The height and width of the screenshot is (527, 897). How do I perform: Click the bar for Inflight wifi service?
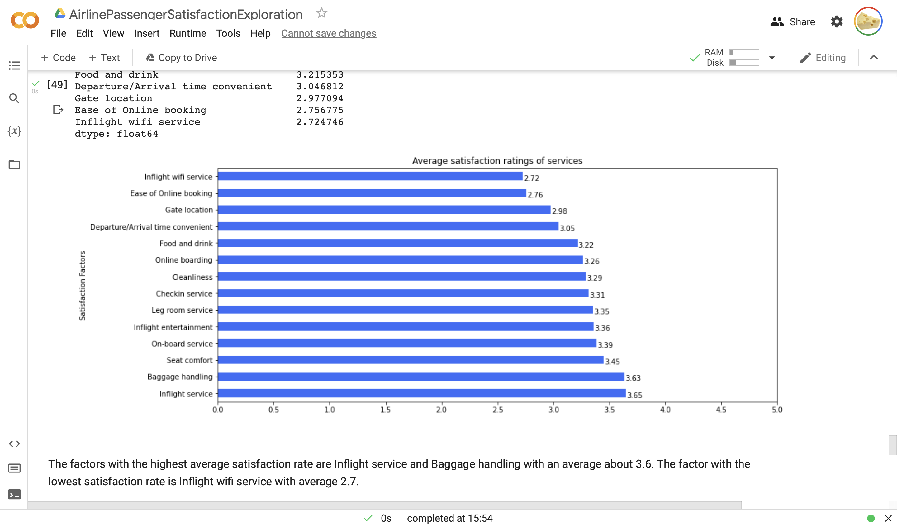coord(370,176)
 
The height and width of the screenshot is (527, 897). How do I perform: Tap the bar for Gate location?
coord(384,210)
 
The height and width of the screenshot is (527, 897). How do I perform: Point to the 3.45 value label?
coord(612,361)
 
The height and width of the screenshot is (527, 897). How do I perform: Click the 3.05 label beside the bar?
coord(567,228)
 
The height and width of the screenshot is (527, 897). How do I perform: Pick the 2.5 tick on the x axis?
coord(498,410)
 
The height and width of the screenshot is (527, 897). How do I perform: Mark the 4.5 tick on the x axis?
coord(721,410)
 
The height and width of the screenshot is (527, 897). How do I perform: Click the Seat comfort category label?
coord(189,360)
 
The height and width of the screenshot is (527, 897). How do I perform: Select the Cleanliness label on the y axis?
coord(192,277)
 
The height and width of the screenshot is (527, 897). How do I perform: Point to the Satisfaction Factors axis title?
coord(82,286)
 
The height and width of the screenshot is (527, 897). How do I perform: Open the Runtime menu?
coord(187,33)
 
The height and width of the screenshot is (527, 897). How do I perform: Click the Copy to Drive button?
coord(181,58)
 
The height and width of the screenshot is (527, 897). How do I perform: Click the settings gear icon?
coord(837,22)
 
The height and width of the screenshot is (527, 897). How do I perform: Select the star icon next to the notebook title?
coord(321,13)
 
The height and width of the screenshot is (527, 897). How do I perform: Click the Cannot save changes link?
coord(329,33)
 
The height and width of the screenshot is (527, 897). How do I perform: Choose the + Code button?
coord(58,58)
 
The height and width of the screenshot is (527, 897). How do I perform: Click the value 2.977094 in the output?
coord(320,98)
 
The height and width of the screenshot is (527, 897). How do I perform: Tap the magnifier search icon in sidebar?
coord(14,98)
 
